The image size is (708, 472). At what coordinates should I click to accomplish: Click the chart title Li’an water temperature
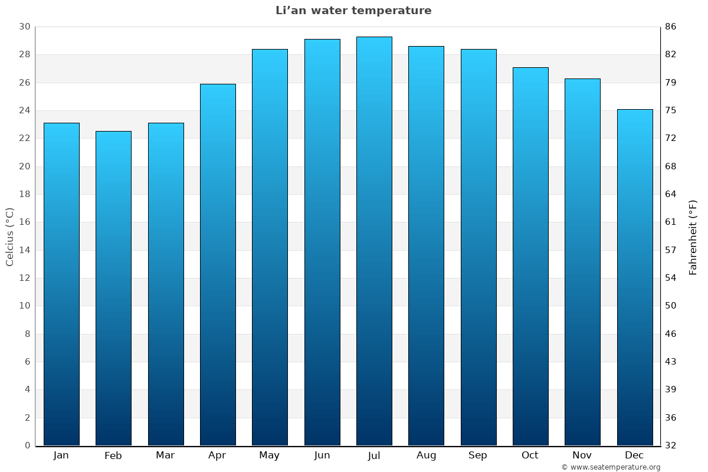(353, 11)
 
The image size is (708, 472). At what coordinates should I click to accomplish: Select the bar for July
(374, 242)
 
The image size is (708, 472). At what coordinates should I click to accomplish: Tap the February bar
(113, 289)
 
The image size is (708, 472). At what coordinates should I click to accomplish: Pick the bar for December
(635, 277)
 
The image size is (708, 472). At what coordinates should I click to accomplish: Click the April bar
(218, 265)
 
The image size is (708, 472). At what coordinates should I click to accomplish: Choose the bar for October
(530, 257)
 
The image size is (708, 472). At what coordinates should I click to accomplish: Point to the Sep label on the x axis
(478, 455)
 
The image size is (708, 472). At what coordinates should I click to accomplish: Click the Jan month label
(61, 455)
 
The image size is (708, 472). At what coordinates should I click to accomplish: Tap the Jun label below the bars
(322, 455)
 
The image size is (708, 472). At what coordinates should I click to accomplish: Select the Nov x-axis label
(582, 455)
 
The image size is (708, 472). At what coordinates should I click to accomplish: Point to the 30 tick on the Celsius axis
(24, 27)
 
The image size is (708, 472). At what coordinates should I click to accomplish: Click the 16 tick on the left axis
(24, 222)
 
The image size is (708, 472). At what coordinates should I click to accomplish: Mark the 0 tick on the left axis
(27, 445)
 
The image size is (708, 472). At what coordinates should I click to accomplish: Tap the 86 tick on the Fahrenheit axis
(671, 27)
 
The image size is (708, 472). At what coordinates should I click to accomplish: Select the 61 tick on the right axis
(671, 222)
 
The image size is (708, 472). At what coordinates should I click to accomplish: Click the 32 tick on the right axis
(671, 445)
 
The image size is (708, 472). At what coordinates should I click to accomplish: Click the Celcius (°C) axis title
(9, 236)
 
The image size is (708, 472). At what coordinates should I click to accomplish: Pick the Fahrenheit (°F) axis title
(693, 237)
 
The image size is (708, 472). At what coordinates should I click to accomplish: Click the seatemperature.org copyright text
(611, 467)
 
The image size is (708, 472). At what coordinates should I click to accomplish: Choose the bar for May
(270, 248)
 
